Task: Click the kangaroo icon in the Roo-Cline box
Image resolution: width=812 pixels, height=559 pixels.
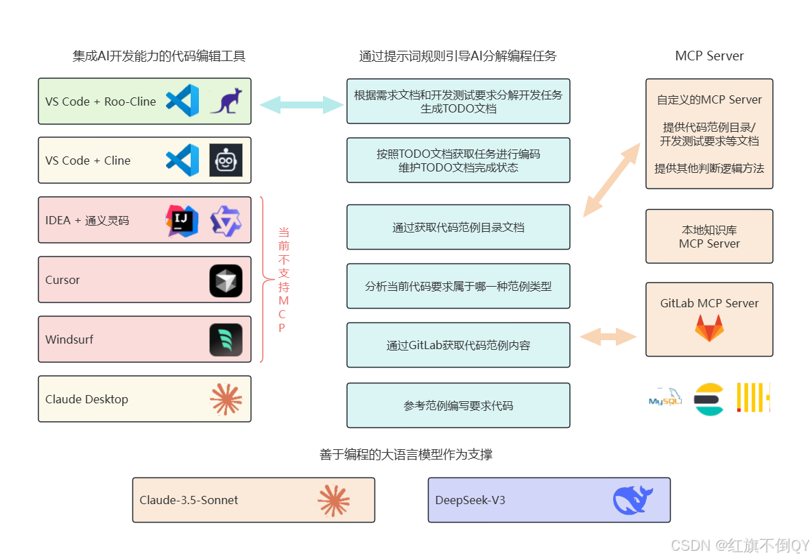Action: tap(226, 101)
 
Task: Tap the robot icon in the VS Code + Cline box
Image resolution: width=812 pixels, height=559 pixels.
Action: tap(226, 160)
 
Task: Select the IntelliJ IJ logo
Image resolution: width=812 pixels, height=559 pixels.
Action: tap(182, 220)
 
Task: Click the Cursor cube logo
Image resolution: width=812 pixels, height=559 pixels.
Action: tap(226, 280)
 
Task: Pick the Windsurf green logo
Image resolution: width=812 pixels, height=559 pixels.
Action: tap(226, 340)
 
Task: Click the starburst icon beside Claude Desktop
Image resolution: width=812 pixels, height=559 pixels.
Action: tap(226, 399)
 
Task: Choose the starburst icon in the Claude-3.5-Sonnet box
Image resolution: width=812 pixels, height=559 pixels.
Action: tap(334, 500)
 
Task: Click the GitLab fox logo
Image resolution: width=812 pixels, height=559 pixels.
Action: tap(709, 329)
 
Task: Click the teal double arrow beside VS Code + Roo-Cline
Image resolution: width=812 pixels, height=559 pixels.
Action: tap(302, 105)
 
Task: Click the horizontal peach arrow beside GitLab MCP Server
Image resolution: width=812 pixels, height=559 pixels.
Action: tap(608, 337)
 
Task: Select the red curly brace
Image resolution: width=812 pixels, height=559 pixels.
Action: tap(264, 280)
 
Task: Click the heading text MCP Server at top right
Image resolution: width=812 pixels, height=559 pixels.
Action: tap(709, 56)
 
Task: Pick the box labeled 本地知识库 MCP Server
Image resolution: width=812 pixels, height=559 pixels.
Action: tap(709, 237)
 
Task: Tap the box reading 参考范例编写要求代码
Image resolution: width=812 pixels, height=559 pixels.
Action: tap(458, 405)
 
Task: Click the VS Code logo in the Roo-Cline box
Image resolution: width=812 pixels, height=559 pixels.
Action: tap(182, 101)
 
